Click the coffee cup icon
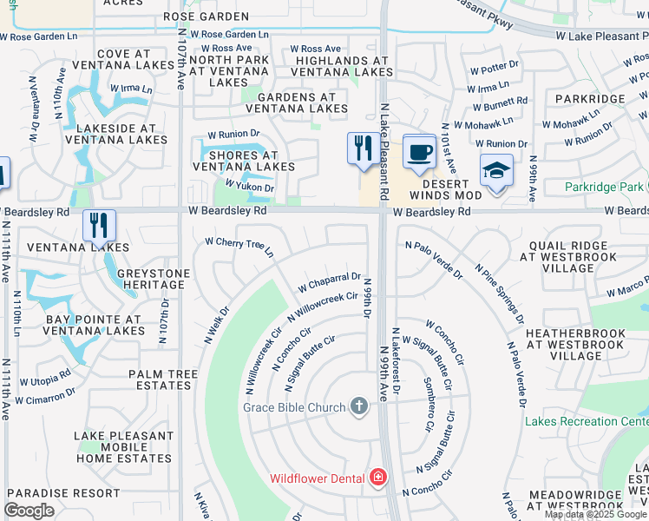[419, 152]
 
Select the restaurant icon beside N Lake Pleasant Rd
[363, 148]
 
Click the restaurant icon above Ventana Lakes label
[99, 225]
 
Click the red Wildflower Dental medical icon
[377, 477]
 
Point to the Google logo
[29, 511]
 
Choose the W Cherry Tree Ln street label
[239, 247]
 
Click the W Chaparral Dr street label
[329, 281]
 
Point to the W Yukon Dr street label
[249, 186]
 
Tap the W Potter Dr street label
[494, 69]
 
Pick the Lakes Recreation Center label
[587, 422]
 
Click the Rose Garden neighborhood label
[206, 16]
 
